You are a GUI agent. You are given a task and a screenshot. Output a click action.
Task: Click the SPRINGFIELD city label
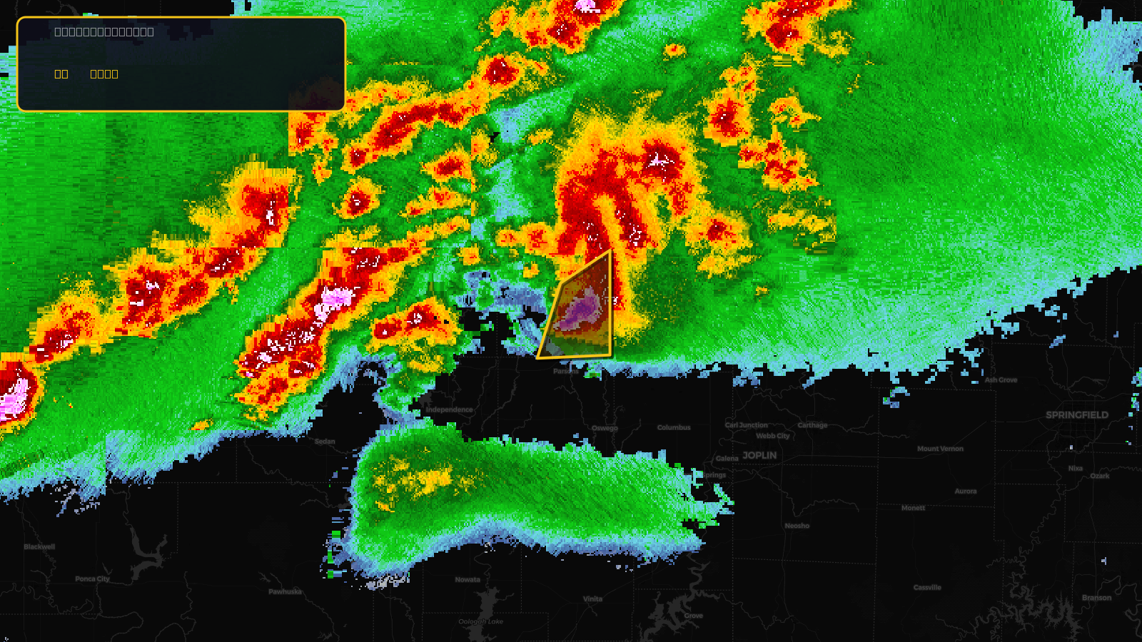pos(1076,415)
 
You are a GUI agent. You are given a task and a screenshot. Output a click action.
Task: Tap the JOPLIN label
pos(759,455)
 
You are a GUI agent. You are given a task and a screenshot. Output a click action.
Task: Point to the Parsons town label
pos(565,371)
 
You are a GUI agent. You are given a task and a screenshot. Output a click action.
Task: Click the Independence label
pos(449,409)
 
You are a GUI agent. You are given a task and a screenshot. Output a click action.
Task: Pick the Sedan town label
pos(325,442)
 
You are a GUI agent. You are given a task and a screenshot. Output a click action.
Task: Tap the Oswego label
pos(605,428)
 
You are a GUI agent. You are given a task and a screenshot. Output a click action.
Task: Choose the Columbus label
pos(674,427)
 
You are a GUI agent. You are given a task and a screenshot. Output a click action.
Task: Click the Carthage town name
pos(812,425)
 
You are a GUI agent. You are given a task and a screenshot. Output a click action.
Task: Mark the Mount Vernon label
pos(940,449)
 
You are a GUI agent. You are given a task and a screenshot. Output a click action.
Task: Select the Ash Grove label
pos(1001,380)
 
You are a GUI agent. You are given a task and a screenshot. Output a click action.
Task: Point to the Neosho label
pos(797,526)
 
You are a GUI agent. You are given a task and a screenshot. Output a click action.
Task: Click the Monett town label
pos(913,508)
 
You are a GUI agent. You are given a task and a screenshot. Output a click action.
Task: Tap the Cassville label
pos(927,588)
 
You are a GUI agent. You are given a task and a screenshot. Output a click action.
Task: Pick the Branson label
pos(1096,598)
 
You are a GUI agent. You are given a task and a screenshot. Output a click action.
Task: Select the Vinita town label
pos(592,599)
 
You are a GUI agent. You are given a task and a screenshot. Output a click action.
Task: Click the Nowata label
pos(468,579)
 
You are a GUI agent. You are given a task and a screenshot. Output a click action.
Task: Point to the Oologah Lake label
pos(480,621)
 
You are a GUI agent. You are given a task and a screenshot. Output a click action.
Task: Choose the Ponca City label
pos(92,579)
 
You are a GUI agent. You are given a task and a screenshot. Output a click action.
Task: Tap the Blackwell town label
pos(39,547)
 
